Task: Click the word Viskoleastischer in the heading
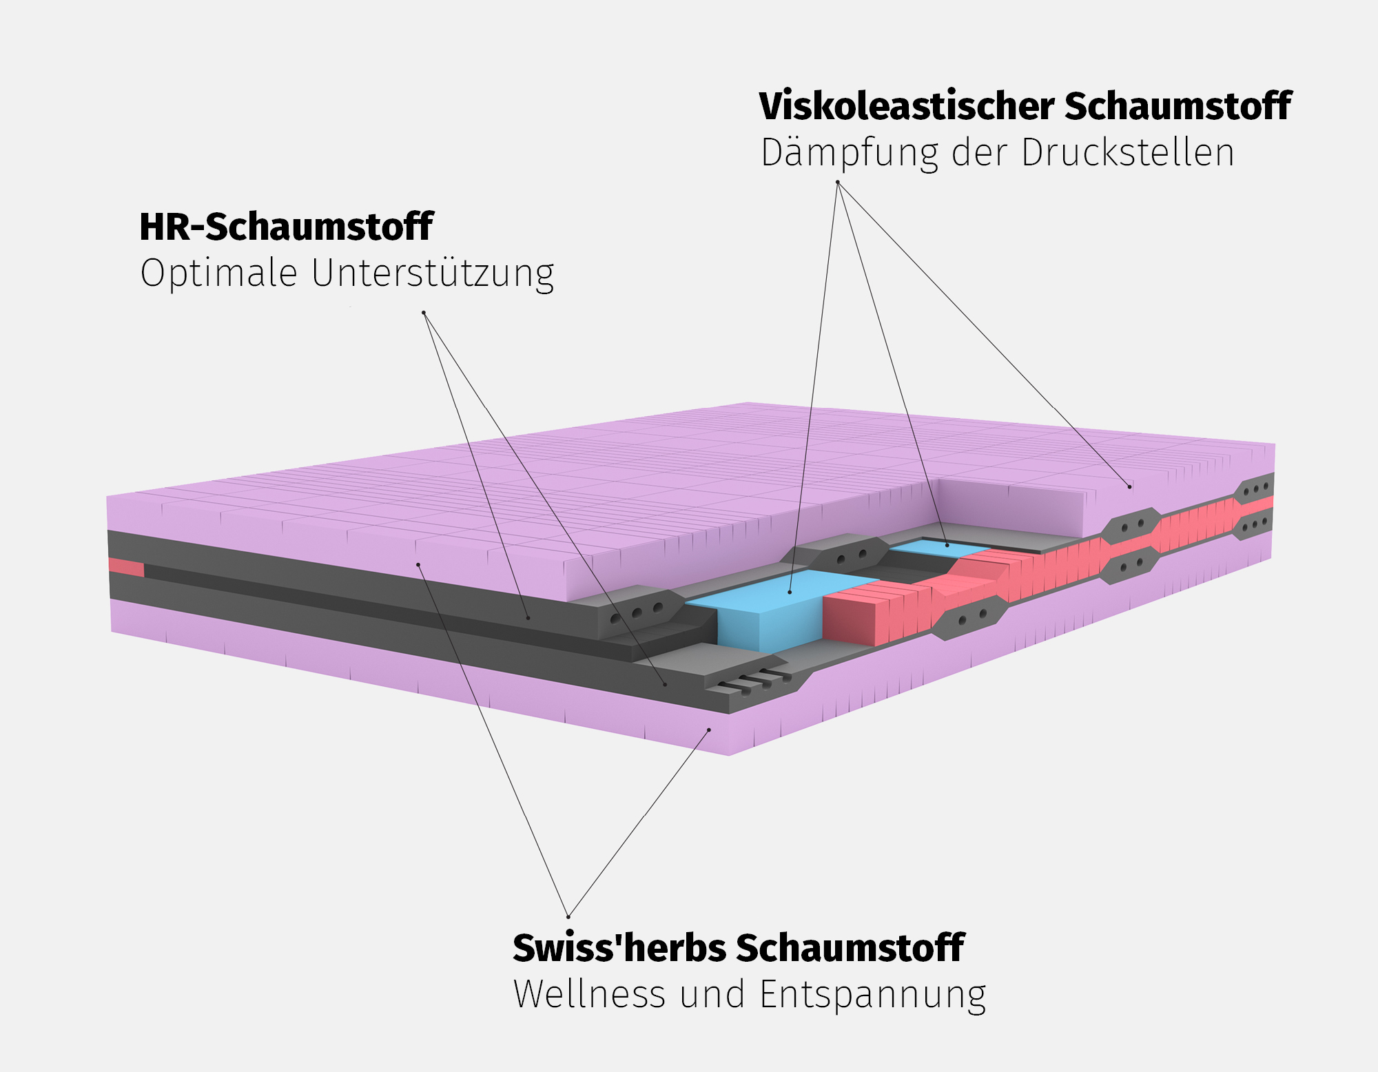pyautogui.click(x=906, y=107)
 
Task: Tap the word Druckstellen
pyautogui.click(x=1127, y=153)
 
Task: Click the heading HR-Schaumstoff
pyautogui.click(x=286, y=227)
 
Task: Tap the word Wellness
pyautogui.click(x=589, y=995)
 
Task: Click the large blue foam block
pyautogui.click(x=765, y=606)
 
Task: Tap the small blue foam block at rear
pyautogui.click(x=940, y=548)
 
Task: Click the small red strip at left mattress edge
pyautogui.click(x=126, y=568)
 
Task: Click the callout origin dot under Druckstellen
pyautogui.click(x=837, y=182)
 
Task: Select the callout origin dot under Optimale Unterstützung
pyautogui.click(x=423, y=313)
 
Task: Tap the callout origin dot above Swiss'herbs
pyautogui.click(x=568, y=916)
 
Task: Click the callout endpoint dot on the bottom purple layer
pyautogui.click(x=709, y=730)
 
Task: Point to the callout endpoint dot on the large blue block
pyautogui.click(x=790, y=592)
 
